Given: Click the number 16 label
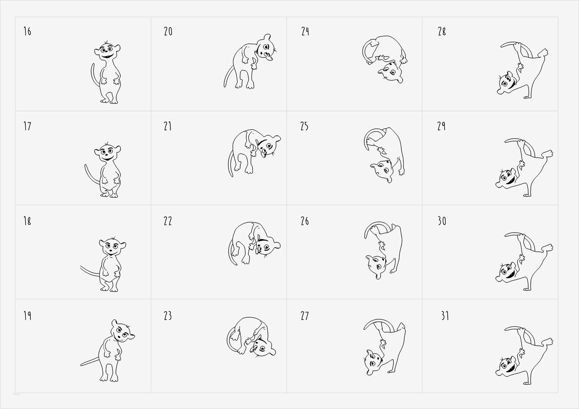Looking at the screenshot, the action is coord(27,31).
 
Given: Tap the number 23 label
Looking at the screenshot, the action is coord(168,316).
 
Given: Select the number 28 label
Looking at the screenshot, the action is coord(442,32).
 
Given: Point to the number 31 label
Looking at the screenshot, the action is coord(445,316).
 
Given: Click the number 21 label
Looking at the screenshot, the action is coord(168,126).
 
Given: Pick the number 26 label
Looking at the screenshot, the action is coord(305,221).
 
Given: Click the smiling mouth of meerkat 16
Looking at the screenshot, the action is coord(106,57).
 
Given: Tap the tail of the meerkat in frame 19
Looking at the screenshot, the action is coord(90,362).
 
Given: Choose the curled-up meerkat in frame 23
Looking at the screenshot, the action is coord(251,337).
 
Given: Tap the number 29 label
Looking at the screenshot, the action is coord(441,126).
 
